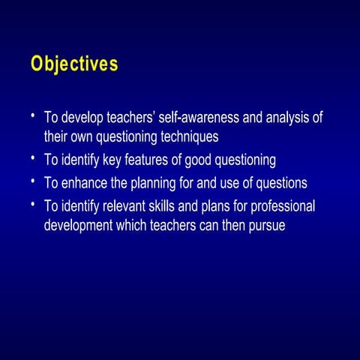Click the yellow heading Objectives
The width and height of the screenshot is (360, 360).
pyautogui.click(x=74, y=64)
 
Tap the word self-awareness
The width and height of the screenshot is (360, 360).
pyautogui.click(x=199, y=117)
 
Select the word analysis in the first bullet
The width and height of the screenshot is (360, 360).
pyautogui.click(x=287, y=118)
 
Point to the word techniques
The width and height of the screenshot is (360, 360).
pyautogui.click(x=190, y=137)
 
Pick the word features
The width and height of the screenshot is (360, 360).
pyautogui.click(x=146, y=159)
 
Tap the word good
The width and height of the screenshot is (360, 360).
pyautogui.click(x=198, y=160)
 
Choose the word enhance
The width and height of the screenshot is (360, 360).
pyautogui.click(x=84, y=182)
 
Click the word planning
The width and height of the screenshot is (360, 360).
pyautogui.click(x=153, y=184)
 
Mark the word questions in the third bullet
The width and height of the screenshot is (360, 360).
pyautogui.click(x=281, y=184)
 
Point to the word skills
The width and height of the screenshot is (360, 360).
pyautogui.click(x=161, y=206)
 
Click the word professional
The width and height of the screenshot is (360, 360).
pyautogui.click(x=283, y=207)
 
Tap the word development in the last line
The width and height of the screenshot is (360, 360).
pyautogui.click(x=78, y=226)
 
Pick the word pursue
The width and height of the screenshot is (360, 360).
pyautogui.click(x=267, y=226)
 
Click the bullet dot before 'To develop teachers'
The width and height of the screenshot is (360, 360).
pyautogui.click(x=33, y=115)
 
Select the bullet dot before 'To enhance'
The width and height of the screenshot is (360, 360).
pyautogui.click(x=33, y=181)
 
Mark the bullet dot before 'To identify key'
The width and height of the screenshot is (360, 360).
pyautogui.click(x=33, y=157)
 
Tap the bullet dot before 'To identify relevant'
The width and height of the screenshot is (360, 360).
pyautogui.click(x=33, y=204)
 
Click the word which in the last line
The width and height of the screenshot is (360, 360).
pyautogui.click(x=131, y=225)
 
